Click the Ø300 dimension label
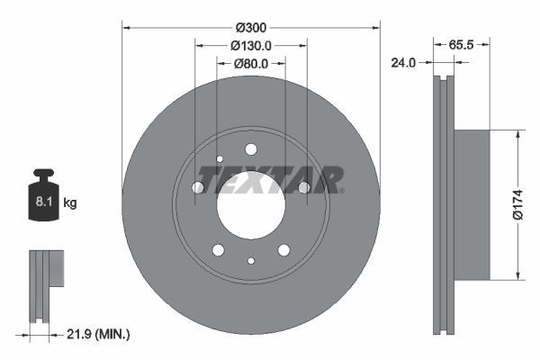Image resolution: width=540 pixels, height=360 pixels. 251,28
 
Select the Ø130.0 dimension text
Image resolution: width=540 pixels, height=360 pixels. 251,46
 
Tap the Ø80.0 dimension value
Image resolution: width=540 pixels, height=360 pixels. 251,64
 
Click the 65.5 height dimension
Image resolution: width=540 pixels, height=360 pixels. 462,43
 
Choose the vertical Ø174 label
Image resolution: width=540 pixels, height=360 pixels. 529,204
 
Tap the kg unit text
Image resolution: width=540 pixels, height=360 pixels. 70,203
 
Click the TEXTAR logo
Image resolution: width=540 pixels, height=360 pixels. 270,179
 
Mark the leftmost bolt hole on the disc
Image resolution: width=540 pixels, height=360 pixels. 198,187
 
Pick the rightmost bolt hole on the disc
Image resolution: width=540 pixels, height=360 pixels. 304,187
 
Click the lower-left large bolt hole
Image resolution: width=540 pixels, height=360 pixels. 218,249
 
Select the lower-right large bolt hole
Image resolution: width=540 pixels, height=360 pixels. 283,249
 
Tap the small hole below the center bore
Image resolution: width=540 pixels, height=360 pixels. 251,261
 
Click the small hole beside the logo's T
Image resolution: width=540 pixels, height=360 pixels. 219,160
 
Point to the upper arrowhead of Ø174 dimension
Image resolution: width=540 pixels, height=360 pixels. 518,135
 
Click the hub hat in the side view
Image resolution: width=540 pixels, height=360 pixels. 472,204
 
